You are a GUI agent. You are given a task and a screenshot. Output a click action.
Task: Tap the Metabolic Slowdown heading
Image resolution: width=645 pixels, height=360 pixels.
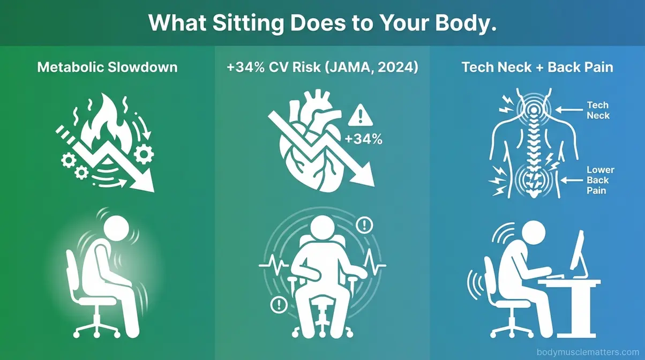pyautogui.click(x=108, y=68)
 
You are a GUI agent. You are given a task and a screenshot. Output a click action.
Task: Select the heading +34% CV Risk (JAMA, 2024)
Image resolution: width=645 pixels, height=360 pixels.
pyautogui.click(x=322, y=68)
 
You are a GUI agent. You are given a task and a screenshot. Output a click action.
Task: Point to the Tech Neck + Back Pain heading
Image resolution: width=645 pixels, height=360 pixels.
pyautogui.click(x=537, y=68)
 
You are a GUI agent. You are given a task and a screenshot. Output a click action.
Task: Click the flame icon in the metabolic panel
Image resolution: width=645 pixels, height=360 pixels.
pyautogui.click(x=107, y=134)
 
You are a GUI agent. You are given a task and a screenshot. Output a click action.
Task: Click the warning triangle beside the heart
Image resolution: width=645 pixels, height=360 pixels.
pyautogui.click(x=359, y=116)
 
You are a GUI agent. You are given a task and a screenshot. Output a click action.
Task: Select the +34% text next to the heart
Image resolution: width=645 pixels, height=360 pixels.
pyautogui.click(x=364, y=139)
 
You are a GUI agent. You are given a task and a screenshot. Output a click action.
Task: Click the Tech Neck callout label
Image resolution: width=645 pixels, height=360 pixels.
pyautogui.click(x=598, y=110)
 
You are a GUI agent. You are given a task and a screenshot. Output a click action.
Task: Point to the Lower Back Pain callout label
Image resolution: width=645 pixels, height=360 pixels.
pyautogui.click(x=600, y=181)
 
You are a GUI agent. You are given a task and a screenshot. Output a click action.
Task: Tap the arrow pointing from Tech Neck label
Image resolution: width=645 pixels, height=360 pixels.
pyautogui.click(x=567, y=109)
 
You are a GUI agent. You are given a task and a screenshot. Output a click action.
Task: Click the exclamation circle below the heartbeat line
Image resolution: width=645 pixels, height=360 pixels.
pyautogui.click(x=279, y=305)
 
